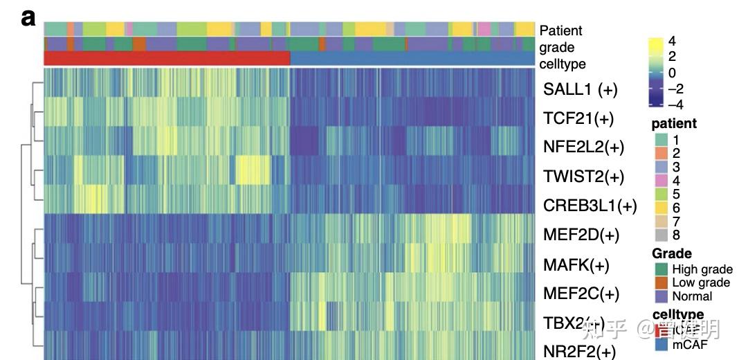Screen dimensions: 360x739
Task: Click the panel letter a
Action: pyautogui.click(x=28, y=19)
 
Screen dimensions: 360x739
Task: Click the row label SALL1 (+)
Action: pyautogui.click(x=580, y=89)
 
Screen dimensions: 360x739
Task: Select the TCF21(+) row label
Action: pyautogui.click(x=578, y=118)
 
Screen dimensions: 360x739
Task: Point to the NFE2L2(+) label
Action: pyautogui.click(x=583, y=147)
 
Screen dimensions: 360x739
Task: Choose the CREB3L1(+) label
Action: pyautogui.click(x=590, y=206)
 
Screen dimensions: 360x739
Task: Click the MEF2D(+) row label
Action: pyautogui.click(x=581, y=235)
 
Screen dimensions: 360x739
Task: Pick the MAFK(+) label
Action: pyautogui.click(x=576, y=264)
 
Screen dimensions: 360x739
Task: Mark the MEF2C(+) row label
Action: pyautogui.click(x=581, y=294)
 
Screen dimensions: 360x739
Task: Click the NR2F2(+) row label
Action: pyautogui.click(x=579, y=352)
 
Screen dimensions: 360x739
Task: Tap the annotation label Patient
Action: pyautogui.click(x=560, y=30)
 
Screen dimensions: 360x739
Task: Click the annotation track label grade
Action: pyautogui.click(x=557, y=48)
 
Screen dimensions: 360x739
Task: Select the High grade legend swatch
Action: pyautogui.click(x=662, y=269)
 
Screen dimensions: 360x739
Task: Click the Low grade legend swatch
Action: pyautogui.click(x=662, y=282)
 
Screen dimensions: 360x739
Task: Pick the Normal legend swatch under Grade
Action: pyautogui.click(x=662, y=296)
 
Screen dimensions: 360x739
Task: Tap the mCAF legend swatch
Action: pyautogui.click(x=662, y=343)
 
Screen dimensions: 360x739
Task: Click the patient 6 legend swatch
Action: pyautogui.click(x=662, y=207)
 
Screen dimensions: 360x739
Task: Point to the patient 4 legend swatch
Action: pyautogui.click(x=662, y=181)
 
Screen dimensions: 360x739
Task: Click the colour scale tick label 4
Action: pyautogui.click(x=672, y=42)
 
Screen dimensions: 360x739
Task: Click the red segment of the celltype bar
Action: pyautogui.click(x=167, y=58)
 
